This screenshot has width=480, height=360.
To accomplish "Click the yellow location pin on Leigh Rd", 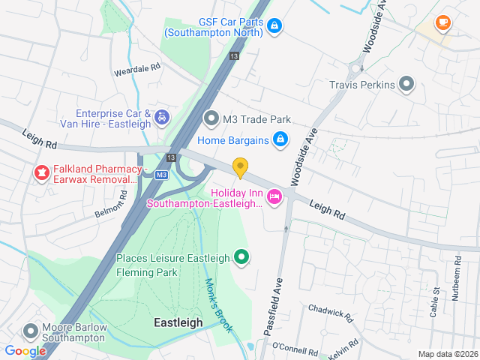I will click(240, 167).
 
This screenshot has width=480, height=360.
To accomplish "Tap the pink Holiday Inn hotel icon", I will click(274, 196).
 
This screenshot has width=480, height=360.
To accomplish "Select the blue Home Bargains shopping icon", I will click(280, 139).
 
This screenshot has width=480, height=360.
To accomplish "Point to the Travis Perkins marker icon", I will click(407, 84).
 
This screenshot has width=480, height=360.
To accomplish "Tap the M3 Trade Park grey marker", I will click(211, 118).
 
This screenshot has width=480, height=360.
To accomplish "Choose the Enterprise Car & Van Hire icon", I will click(161, 117).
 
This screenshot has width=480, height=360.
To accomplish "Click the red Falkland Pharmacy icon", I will click(40, 174).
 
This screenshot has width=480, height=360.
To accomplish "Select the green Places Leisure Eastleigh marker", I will click(241, 258).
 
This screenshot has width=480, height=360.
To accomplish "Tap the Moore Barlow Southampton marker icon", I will click(31, 331).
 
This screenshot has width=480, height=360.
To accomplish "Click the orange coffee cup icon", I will click(442, 22).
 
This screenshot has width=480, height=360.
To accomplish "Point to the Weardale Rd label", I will click(137, 67).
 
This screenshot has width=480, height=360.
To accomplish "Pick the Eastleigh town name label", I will click(178, 322).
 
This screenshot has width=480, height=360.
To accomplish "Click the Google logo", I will click(25, 350).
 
